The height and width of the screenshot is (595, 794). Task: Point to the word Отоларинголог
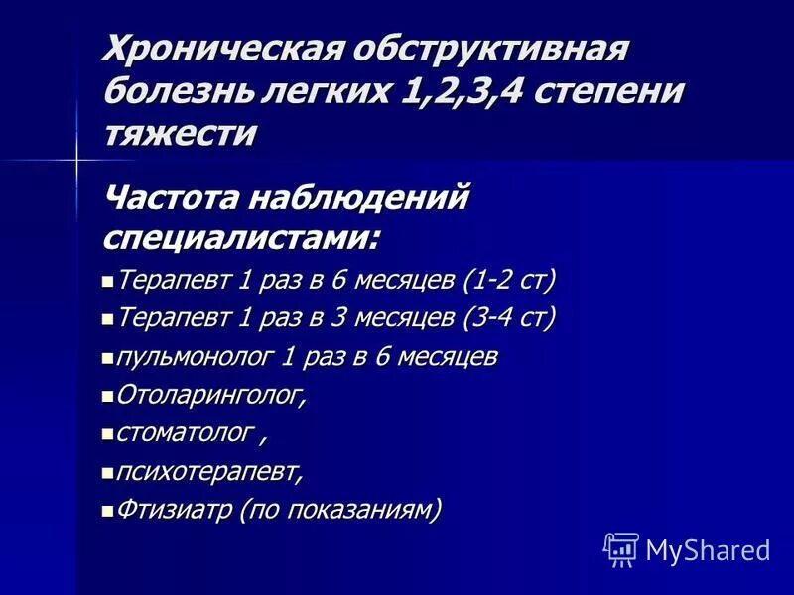[x=211, y=395]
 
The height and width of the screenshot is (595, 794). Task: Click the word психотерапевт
[x=209, y=472]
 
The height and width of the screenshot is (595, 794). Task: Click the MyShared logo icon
[x=621, y=548]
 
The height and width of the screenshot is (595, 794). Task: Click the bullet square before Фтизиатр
[x=108, y=511]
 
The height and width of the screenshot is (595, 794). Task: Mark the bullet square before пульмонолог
[x=108, y=357]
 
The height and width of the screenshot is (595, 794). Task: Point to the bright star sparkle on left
[x=75, y=159]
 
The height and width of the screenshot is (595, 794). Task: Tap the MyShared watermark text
[x=708, y=549]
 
